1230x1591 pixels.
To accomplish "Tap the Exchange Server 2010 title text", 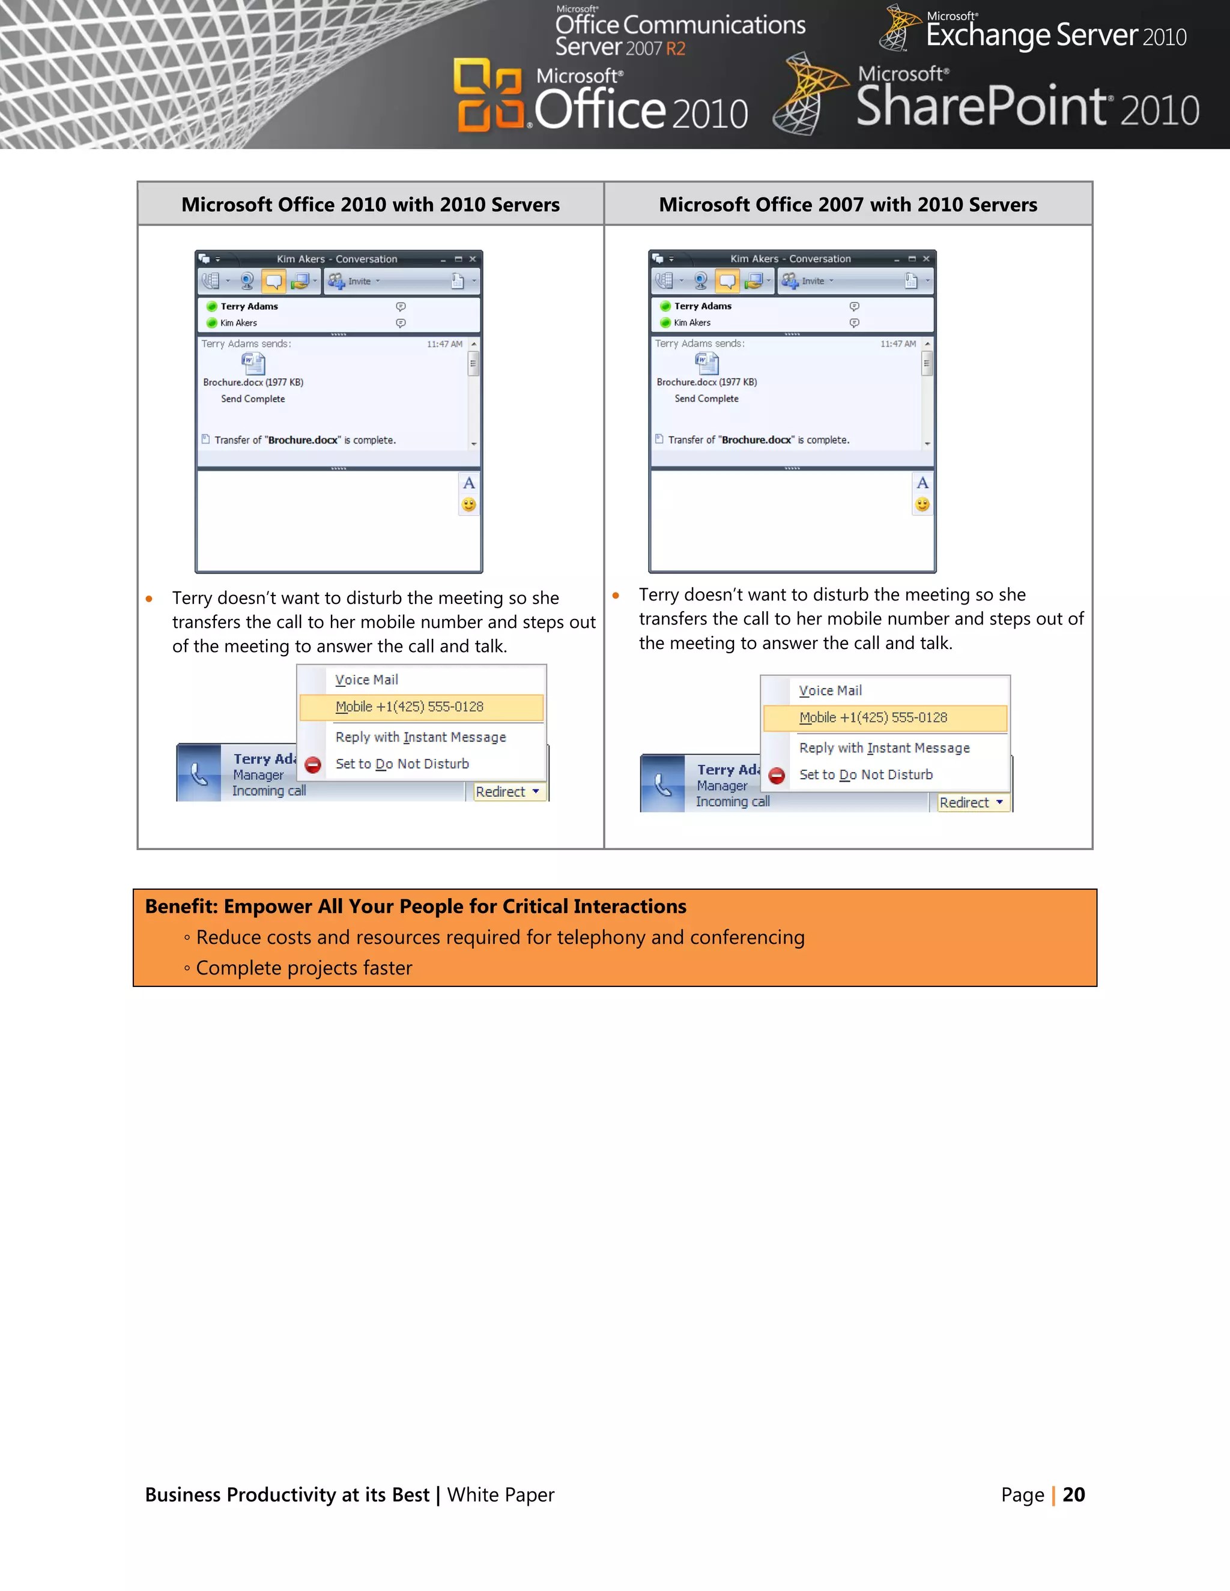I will point(1055,35).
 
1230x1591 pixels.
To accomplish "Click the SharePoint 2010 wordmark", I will point(1026,106).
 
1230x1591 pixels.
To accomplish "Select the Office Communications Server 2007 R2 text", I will point(679,35).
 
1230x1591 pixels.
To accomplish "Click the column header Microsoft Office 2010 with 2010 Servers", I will point(370,205).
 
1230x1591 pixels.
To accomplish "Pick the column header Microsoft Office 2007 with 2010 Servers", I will point(847,205).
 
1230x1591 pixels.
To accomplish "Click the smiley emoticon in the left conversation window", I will point(468,504).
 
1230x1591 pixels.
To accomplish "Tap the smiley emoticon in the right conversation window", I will point(922,504).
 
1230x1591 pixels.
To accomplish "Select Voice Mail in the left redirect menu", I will point(366,680).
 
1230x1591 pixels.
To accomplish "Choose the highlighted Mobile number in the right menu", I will point(873,717).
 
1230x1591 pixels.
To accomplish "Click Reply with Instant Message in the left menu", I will point(420,737).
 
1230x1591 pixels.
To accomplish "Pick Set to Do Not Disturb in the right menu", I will point(865,775).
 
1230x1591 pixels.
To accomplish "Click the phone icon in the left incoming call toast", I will point(199,774).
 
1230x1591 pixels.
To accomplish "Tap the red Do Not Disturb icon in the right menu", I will point(777,776).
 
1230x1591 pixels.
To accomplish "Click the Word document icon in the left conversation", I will point(253,362).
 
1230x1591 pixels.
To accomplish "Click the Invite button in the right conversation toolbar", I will point(807,281).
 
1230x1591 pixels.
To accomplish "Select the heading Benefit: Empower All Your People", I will point(416,906).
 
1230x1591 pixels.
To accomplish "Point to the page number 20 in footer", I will point(1073,1495).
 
